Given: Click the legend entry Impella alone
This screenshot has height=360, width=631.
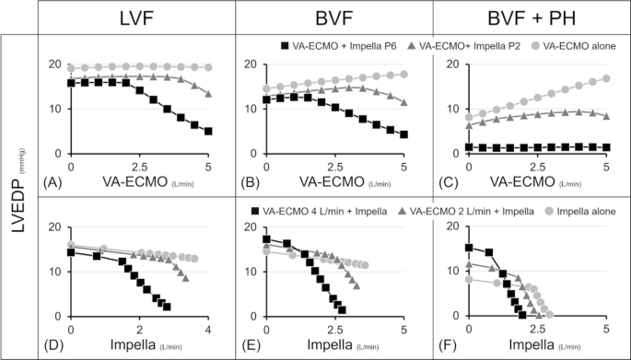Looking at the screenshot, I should pyautogui.click(x=576, y=212).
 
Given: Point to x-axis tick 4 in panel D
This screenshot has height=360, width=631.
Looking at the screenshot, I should pyautogui.click(x=208, y=330).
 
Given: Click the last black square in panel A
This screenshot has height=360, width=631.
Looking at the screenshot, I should pyautogui.click(x=208, y=132).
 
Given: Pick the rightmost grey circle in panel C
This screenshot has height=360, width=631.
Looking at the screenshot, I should pyautogui.click(x=606, y=79).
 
